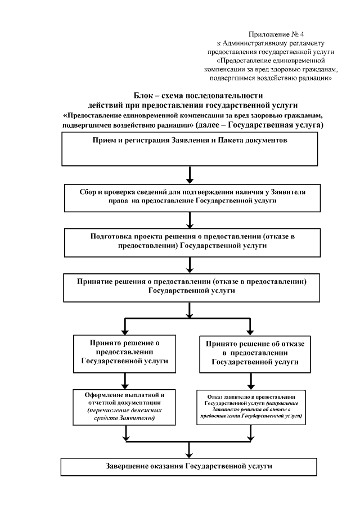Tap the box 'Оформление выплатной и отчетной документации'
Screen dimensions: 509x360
coord(125,406)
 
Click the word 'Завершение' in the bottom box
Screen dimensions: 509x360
coord(127,467)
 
